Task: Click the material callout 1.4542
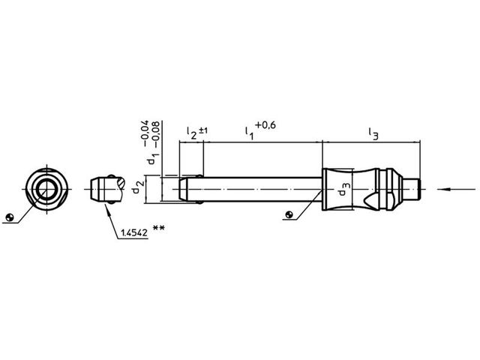(x=134, y=233)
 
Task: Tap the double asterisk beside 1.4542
(x=158, y=228)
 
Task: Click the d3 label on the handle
(x=343, y=189)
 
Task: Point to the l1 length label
(x=249, y=133)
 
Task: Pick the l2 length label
(x=192, y=133)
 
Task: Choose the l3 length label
(x=373, y=133)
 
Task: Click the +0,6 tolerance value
(x=265, y=125)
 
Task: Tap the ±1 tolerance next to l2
(x=203, y=130)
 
